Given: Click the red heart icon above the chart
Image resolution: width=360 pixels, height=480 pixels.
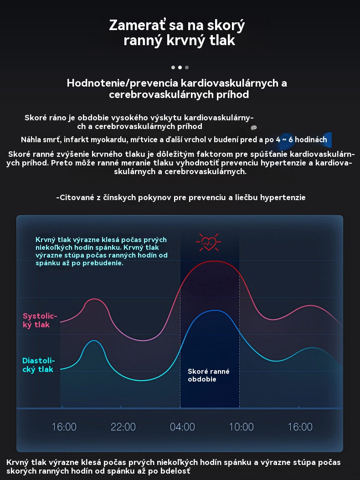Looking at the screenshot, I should click(x=208, y=242).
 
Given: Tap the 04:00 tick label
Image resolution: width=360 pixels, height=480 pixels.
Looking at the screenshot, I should click(x=182, y=427).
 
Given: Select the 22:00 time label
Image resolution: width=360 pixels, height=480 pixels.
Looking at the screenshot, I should click(x=123, y=427).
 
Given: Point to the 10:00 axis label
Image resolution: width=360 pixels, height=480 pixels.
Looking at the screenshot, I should click(x=241, y=427).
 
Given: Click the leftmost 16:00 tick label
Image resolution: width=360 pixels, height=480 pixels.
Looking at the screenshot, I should click(x=64, y=427).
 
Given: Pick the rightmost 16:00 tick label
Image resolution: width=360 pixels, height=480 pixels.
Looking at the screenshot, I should click(x=300, y=427).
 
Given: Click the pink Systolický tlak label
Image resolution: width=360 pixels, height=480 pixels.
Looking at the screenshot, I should click(x=40, y=320).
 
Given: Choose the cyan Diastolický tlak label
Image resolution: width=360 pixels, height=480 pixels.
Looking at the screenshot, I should click(x=38, y=365).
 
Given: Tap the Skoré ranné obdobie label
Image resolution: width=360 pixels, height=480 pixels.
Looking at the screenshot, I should click(x=208, y=375).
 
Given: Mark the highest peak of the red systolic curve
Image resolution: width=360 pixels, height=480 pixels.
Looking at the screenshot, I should click(x=211, y=261).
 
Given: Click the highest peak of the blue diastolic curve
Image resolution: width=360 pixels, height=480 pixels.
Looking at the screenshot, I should click(x=212, y=310).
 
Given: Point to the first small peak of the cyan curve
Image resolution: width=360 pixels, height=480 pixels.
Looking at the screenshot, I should click(x=94, y=341).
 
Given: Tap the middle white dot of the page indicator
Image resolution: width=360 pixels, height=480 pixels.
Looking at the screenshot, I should click(x=180, y=67).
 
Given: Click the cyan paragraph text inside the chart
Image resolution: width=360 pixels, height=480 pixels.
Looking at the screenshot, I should click(x=102, y=251).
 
